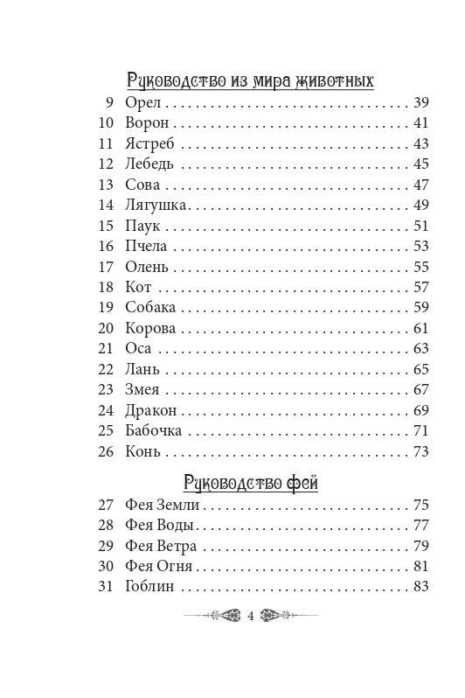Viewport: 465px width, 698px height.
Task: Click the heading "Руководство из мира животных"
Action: click(x=250, y=81)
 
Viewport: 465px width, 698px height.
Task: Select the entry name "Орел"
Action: click(x=140, y=103)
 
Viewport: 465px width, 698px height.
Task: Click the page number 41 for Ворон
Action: click(x=421, y=123)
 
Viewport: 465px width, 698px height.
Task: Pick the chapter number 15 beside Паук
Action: click(x=107, y=226)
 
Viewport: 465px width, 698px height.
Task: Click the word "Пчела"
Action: click(x=146, y=246)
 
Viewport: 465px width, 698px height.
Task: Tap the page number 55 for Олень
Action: click(x=421, y=267)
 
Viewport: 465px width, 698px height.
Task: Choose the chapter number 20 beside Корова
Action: click(x=107, y=328)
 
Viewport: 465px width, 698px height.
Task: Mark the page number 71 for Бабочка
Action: click(x=421, y=430)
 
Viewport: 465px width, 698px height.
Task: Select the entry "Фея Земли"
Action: click(x=163, y=505)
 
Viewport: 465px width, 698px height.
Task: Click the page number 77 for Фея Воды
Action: click(x=421, y=525)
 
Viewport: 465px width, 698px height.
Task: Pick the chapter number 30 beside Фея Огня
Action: click(x=107, y=565)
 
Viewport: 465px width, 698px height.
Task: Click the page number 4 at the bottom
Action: click(x=251, y=618)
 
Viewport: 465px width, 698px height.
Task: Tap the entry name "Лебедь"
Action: click(x=150, y=164)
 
